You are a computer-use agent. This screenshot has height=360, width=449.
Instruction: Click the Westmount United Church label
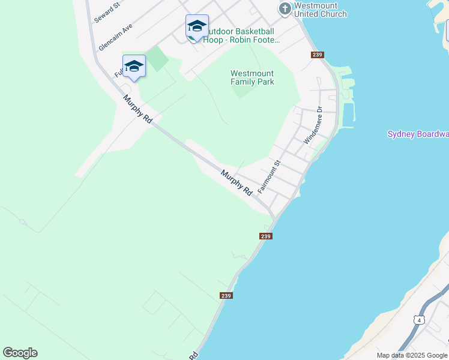point(320,10)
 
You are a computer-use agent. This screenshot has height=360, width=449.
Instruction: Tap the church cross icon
point(285,8)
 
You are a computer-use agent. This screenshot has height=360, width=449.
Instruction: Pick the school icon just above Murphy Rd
point(134,67)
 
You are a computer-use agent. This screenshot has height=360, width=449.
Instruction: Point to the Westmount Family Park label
point(252,77)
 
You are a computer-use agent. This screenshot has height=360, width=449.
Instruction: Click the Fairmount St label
point(269,176)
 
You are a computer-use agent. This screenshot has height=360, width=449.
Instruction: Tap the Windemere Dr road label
point(313,125)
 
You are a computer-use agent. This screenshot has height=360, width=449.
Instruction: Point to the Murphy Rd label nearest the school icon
point(137,109)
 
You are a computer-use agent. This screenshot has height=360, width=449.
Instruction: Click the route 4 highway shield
point(419,319)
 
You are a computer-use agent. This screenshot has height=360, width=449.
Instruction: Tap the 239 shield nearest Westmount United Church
point(318,55)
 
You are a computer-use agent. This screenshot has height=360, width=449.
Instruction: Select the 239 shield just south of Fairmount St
point(267,236)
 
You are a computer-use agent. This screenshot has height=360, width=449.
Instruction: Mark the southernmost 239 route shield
point(226,296)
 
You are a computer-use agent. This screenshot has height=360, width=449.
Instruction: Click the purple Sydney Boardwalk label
point(418,134)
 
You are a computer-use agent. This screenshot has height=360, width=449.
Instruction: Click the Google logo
point(20,353)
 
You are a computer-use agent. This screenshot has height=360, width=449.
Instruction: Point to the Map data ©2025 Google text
point(412,355)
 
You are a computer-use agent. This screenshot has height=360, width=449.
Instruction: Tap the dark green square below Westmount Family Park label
point(243,92)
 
